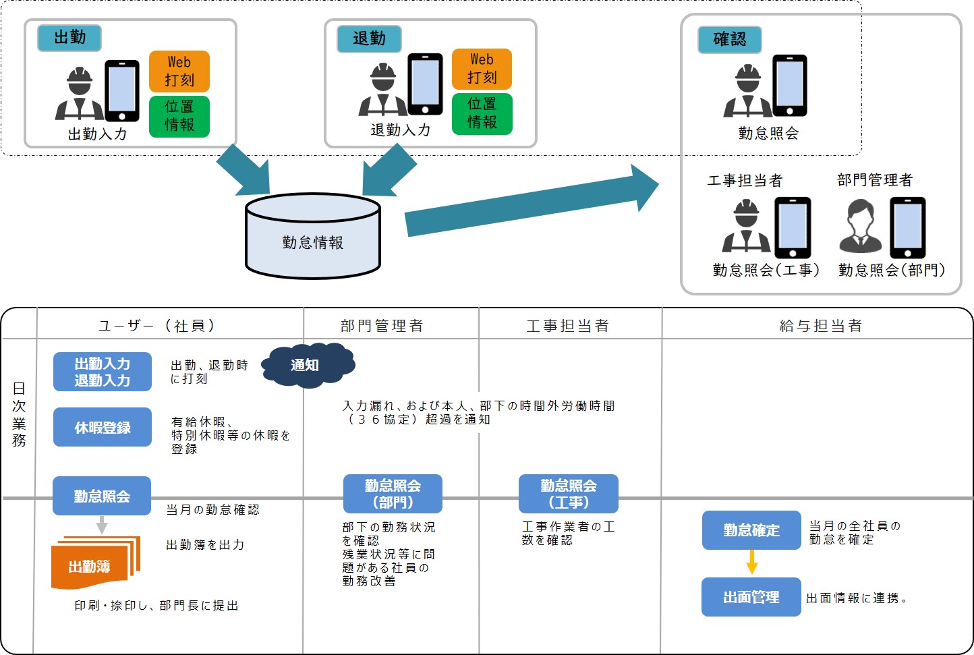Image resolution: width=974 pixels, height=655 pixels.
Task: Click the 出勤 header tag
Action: coord(69,38)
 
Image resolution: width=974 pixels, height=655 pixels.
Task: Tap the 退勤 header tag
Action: coord(369,39)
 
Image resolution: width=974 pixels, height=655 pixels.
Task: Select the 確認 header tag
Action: coord(729,40)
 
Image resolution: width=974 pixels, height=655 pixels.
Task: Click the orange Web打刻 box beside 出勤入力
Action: coord(179,72)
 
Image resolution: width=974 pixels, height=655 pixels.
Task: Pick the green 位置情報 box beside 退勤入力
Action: coord(482,113)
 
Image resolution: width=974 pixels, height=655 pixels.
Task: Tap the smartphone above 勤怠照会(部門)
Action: coord(908,227)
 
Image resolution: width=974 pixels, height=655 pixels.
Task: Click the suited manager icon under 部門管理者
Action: coord(861,227)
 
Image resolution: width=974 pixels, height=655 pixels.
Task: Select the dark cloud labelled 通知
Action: coord(308,365)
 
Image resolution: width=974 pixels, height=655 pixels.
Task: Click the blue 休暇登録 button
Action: coord(103,427)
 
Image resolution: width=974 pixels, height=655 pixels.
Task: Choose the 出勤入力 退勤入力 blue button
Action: coord(103,372)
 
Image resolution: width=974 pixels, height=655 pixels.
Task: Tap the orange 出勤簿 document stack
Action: coord(94,562)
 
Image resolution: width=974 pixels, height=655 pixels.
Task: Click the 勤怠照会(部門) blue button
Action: coord(393,494)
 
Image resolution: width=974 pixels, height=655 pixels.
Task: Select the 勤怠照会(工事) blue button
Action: coord(568,494)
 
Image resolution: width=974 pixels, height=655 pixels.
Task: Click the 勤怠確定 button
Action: coord(751,530)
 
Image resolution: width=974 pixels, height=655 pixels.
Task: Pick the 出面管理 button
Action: coord(751,597)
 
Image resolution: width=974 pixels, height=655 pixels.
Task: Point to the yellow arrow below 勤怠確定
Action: coord(752,562)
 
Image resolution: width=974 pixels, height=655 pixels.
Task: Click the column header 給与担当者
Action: coord(820,326)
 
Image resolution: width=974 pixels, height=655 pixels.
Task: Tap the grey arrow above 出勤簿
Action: coord(102,524)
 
